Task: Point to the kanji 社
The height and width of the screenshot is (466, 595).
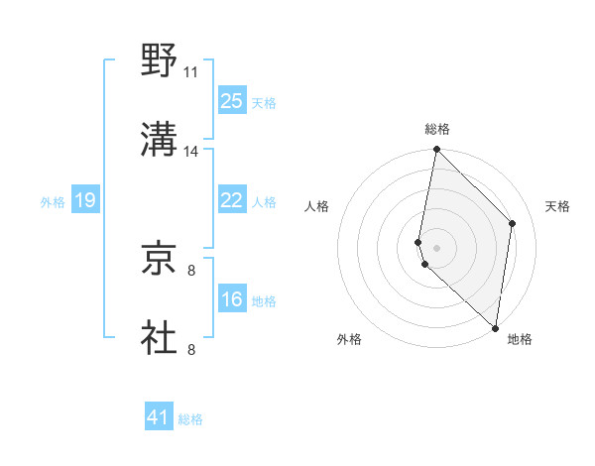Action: click(160, 337)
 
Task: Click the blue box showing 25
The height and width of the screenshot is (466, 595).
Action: click(231, 100)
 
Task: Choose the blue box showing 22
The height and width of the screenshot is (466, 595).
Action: click(231, 200)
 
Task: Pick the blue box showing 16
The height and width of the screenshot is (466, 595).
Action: click(231, 299)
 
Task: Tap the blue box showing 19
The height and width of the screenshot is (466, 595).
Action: click(85, 200)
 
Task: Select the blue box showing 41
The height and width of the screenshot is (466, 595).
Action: click(159, 417)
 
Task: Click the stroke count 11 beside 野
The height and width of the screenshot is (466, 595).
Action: click(190, 72)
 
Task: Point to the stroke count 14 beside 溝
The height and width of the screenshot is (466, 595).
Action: click(190, 152)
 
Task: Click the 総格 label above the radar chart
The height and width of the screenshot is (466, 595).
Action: click(437, 129)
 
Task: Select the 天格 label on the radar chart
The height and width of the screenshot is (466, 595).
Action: click(557, 206)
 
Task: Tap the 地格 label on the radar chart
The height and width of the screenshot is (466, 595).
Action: click(520, 339)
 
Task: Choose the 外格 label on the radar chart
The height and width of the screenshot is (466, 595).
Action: click(349, 339)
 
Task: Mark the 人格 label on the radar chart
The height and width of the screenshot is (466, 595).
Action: click(317, 206)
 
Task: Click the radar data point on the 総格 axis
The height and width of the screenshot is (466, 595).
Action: click(437, 151)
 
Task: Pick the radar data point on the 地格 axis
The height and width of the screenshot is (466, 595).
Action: click(496, 328)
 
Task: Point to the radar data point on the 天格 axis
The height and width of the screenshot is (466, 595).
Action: click(513, 223)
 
